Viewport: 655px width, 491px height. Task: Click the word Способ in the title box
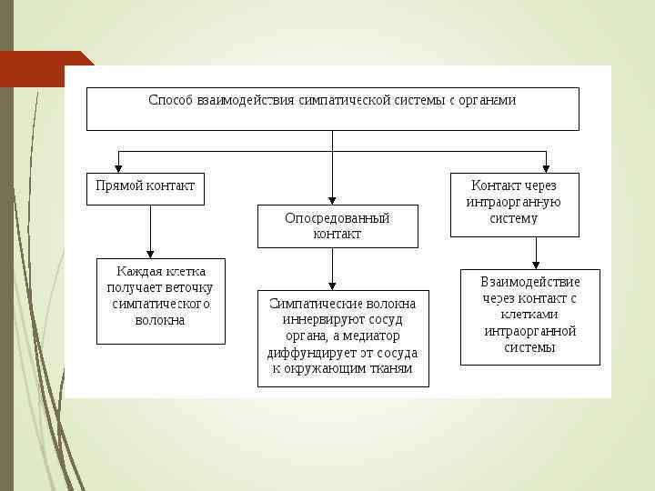tap(170, 100)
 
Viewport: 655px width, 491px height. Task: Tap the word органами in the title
tap(485, 100)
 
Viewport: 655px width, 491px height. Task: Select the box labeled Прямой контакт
tap(146, 188)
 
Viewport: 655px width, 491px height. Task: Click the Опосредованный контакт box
tap(338, 225)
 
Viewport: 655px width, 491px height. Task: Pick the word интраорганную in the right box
tap(513, 202)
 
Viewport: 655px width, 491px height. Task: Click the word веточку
tap(189, 287)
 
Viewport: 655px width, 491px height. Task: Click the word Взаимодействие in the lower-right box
tap(529, 282)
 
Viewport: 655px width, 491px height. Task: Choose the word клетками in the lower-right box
tap(529, 315)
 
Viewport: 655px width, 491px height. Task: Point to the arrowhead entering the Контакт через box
tap(546, 167)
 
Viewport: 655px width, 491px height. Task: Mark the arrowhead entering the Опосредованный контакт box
tap(332, 198)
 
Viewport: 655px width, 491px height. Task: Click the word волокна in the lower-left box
tap(160, 320)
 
